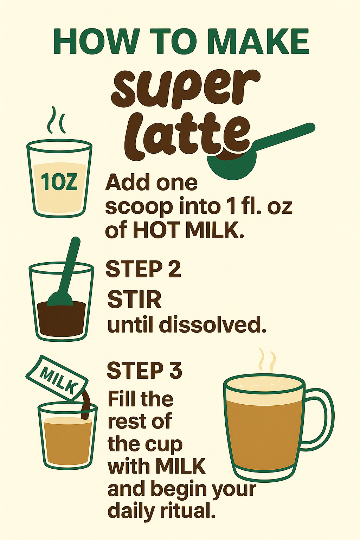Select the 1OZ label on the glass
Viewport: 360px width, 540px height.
(x=59, y=182)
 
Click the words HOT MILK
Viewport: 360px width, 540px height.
(x=188, y=230)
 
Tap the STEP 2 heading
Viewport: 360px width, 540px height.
(x=143, y=269)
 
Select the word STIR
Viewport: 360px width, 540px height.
(x=134, y=300)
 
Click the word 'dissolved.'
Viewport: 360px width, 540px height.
(x=212, y=325)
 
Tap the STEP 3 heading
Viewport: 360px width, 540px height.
(x=144, y=370)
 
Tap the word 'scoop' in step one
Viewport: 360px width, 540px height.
(x=139, y=207)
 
